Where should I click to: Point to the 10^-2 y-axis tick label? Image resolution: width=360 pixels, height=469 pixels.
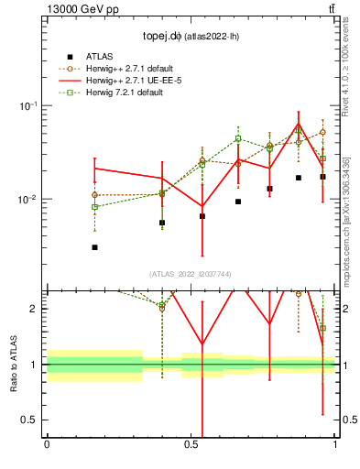point(29,199)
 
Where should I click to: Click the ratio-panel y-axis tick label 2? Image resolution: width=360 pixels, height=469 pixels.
point(34,309)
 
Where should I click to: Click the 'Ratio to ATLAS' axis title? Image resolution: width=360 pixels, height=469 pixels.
point(13,364)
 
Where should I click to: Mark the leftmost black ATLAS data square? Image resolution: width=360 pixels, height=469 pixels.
point(94,247)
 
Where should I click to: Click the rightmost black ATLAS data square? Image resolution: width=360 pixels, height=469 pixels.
point(322,177)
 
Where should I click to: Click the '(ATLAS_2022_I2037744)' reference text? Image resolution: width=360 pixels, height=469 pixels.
point(191,274)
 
